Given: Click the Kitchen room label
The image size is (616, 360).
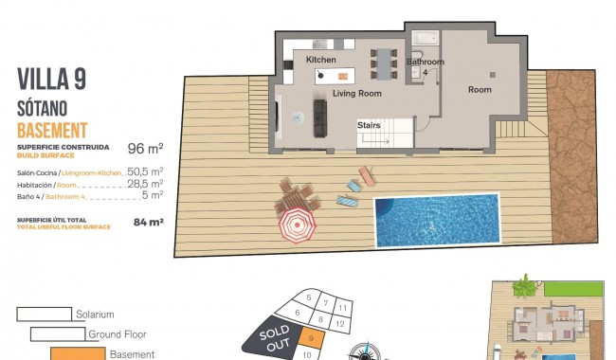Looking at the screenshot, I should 321,60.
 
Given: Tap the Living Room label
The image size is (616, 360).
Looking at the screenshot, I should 356,94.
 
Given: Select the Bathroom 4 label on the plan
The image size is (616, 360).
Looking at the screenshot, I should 425,66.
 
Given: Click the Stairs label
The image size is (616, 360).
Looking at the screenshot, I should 370,125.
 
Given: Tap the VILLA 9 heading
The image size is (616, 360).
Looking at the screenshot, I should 52,81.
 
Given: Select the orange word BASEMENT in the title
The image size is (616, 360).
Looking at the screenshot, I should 52,130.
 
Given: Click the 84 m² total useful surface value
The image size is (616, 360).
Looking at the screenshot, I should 149,223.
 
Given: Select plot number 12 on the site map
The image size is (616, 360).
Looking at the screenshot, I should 340,324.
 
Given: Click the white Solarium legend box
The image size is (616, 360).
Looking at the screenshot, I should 44,314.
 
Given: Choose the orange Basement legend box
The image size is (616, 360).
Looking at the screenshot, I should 77,354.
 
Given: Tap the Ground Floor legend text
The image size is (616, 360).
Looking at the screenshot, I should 118,334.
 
